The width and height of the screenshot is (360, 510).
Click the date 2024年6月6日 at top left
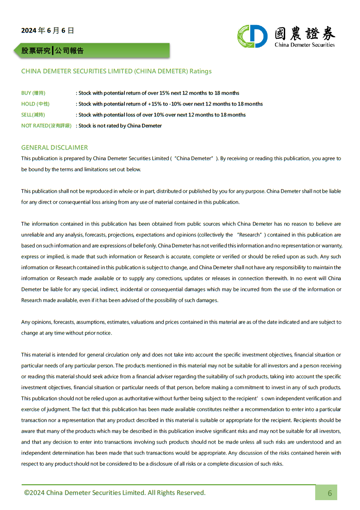coord(47,30)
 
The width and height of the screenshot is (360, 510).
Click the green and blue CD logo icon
coord(253,36)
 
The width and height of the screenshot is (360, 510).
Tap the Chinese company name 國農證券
coord(305,34)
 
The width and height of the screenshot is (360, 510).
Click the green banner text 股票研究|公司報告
coord(52,51)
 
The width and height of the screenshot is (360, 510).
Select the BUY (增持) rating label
coord(33,93)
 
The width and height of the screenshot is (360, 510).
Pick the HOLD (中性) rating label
coord(35,104)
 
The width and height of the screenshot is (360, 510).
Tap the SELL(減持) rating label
coord(33,115)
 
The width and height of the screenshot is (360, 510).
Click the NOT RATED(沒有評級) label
coord(46,126)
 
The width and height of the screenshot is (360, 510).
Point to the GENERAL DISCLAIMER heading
coord(54,147)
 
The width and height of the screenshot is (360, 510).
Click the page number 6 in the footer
coord(330,493)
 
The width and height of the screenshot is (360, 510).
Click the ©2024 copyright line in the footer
coord(115,493)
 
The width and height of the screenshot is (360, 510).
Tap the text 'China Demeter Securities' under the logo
coord(305,45)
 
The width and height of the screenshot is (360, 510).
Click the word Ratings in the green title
coord(201,71)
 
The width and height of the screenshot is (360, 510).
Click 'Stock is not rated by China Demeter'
coord(120,126)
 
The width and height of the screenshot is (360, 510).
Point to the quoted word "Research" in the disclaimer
coord(249,235)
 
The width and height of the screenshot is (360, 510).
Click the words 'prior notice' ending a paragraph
coord(98,333)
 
